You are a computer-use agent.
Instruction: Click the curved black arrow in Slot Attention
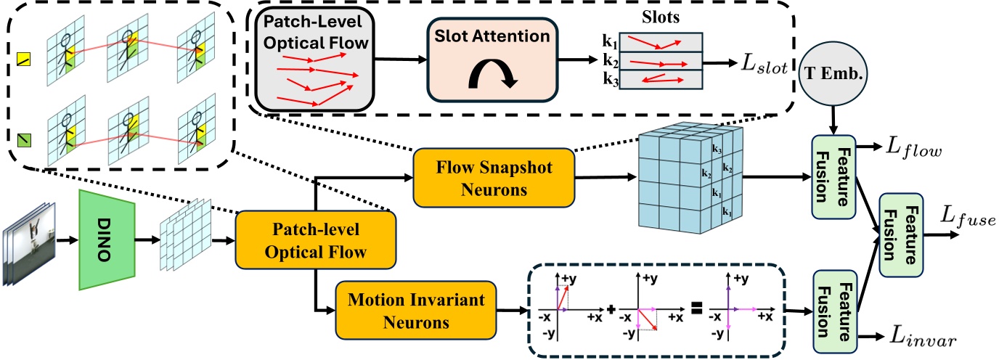(x=492, y=75)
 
